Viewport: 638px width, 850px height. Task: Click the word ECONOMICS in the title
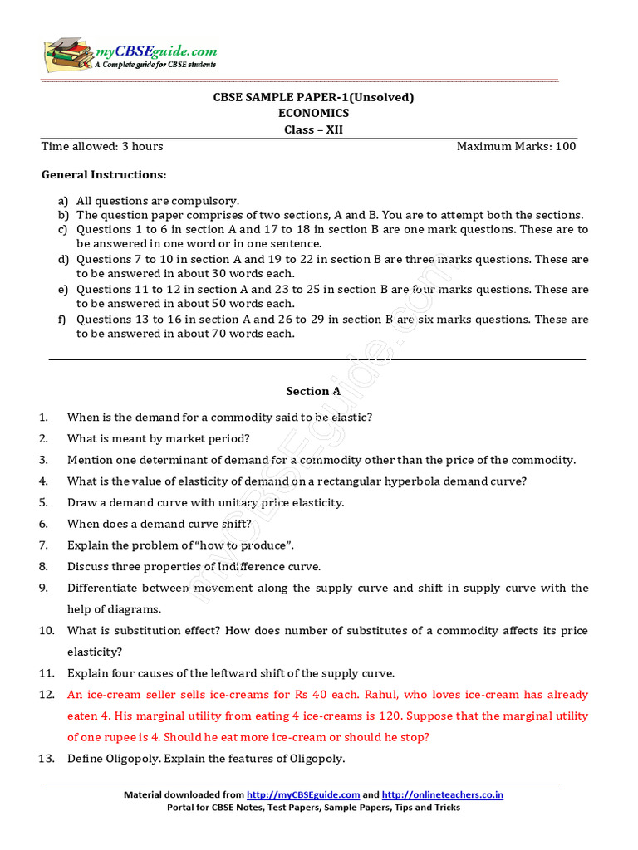coord(314,114)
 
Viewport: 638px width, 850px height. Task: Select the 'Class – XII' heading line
coord(314,129)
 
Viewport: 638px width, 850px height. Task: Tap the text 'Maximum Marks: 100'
coord(516,147)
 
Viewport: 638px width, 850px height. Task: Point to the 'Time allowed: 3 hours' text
coord(102,147)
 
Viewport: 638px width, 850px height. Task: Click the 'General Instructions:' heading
coord(104,175)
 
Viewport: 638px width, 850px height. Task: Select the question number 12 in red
coord(47,695)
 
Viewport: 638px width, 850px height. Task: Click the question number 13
coord(47,759)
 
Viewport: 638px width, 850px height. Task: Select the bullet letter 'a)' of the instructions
coord(63,201)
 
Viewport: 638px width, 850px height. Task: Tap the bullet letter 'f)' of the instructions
coord(63,320)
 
